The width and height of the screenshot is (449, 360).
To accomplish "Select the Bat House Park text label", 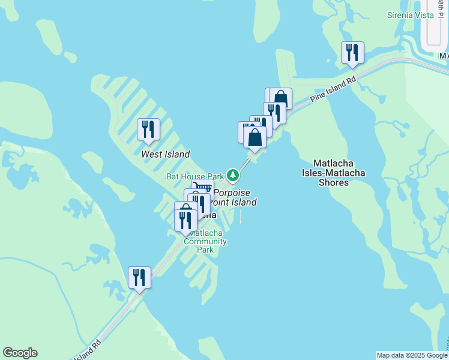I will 194,176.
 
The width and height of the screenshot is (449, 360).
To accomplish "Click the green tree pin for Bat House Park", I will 233,176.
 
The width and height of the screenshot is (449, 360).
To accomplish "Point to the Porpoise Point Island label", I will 234,197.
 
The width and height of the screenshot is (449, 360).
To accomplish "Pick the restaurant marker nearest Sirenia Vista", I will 352,53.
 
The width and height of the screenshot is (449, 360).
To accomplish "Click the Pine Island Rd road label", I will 334,89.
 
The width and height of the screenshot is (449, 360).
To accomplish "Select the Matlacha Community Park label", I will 206,241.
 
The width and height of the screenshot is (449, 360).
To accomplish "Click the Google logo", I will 20,353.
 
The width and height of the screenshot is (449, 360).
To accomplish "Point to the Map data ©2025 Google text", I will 411,355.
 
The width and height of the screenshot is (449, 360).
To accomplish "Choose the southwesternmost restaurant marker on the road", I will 139,278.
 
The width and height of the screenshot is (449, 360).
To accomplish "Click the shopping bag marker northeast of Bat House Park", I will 255,137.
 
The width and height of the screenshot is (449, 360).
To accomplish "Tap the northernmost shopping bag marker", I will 281,98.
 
